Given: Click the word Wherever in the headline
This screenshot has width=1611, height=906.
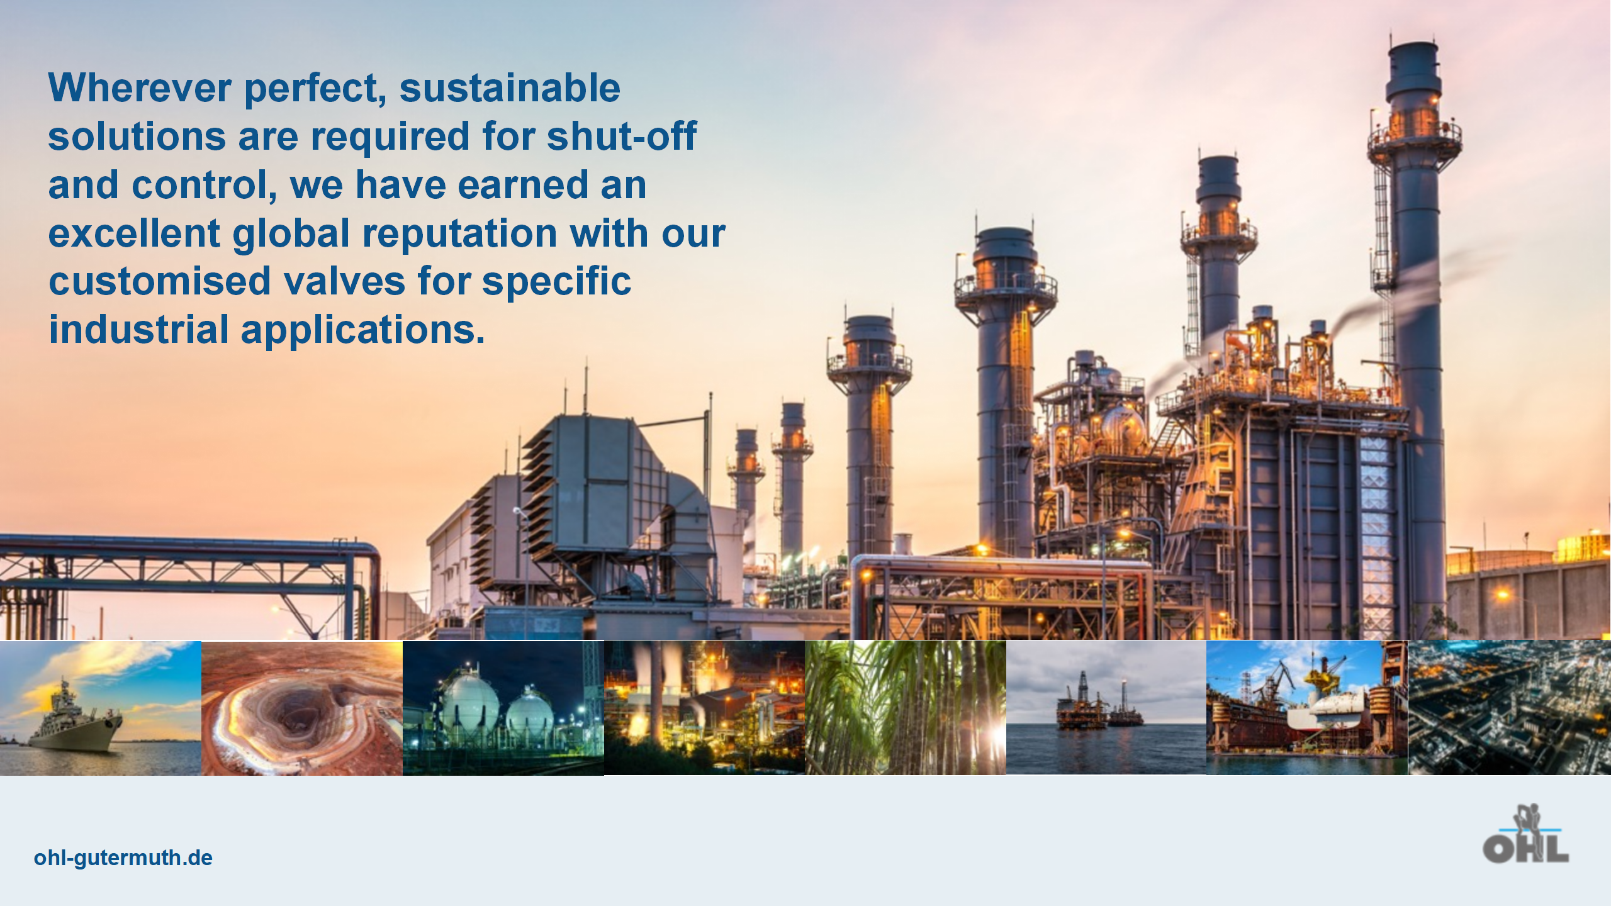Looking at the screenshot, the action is tap(140, 87).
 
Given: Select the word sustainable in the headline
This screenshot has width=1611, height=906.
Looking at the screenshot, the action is tap(510, 87).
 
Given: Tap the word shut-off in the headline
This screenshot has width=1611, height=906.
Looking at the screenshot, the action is tap(622, 136).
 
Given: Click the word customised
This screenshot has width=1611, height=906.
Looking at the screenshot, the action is tap(160, 281).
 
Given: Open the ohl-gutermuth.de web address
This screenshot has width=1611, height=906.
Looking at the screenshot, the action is tap(123, 858).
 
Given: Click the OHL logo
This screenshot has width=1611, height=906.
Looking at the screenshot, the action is tap(1525, 834).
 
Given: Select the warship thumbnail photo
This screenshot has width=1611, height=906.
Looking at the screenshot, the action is tap(101, 708).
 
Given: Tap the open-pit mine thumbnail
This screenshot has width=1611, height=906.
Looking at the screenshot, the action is tap(302, 708).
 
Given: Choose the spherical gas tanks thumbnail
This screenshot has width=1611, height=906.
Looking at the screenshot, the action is tap(503, 708).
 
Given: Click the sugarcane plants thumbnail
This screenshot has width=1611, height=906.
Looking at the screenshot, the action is tap(906, 708).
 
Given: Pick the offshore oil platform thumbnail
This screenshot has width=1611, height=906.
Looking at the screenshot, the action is tap(1106, 708).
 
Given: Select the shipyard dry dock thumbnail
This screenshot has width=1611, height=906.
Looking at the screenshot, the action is tap(1307, 708).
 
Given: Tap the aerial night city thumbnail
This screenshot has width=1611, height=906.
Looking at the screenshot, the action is tap(1510, 708).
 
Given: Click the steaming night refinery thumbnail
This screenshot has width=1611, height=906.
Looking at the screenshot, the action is tap(705, 708).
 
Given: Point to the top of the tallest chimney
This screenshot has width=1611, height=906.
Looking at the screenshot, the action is tap(1414, 44).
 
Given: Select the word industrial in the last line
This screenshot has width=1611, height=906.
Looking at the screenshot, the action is tap(139, 330).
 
